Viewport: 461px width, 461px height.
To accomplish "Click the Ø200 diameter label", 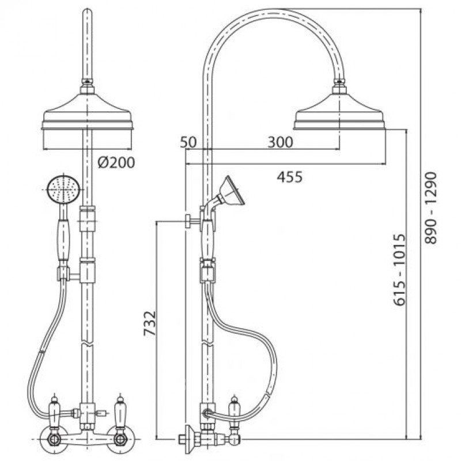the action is [x=116, y=163].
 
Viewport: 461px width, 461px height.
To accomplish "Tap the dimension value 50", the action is [x=188, y=142].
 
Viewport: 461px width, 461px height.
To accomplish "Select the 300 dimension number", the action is [x=280, y=142].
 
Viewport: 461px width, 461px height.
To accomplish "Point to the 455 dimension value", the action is [x=290, y=177].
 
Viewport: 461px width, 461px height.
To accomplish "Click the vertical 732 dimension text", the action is [x=150, y=323].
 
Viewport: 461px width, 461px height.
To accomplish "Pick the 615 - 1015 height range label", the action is [x=399, y=270].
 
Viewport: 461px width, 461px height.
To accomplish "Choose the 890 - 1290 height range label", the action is [x=431, y=208].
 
